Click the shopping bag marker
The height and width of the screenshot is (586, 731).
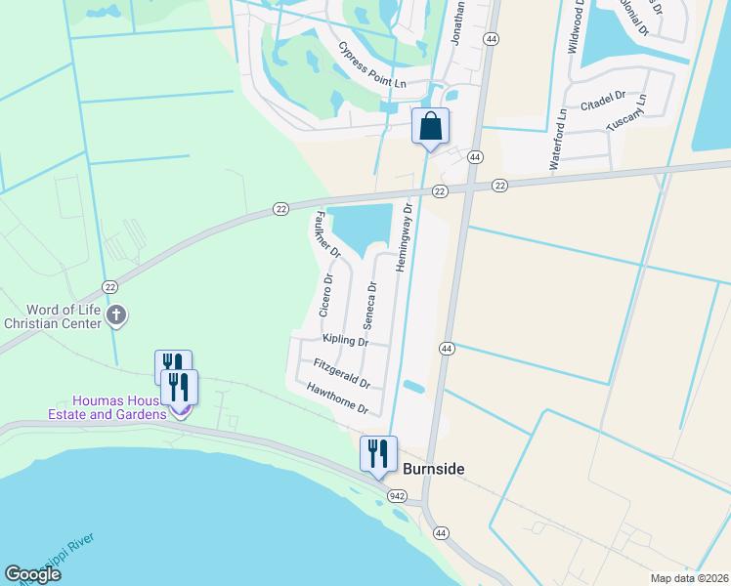[x=430, y=126]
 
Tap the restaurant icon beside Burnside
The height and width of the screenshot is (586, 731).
[x=378, y=454]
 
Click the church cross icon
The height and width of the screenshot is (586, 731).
[x=116, y=314]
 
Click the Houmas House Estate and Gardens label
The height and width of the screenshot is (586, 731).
[x=119, y=407]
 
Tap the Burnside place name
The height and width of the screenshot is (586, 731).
[x=433, y=470]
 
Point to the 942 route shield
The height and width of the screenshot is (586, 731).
[x=397, y=496]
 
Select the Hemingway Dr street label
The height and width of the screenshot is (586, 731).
[x=403, y=237]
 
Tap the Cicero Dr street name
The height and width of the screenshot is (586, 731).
[x=326, y=295]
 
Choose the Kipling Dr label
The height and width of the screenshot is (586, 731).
[x=345, y=341]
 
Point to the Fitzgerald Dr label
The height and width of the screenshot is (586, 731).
[x=342, y=372]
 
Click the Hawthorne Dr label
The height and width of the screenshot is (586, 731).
[x=336, y=398]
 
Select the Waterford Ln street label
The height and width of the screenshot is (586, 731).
[x=558, y=140]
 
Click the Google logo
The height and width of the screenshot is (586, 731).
[x=33, y=574]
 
